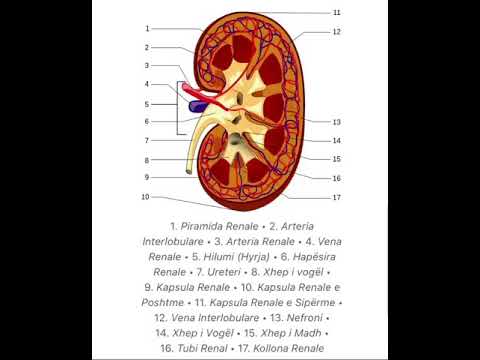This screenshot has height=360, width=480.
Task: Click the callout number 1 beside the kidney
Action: coord(147,28)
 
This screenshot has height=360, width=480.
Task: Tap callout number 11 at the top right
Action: coord(337,12)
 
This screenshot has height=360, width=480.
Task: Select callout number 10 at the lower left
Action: coord(145,197)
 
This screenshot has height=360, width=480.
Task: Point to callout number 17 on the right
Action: coord(337,197)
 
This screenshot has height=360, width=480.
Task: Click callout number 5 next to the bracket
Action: coord(147,103)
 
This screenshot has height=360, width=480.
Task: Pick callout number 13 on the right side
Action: coord(337,122)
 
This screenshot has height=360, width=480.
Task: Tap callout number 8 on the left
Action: coord(147,160)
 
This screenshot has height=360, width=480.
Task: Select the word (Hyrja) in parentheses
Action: coord(267,256)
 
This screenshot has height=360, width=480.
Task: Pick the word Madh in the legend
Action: coord(300,332)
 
